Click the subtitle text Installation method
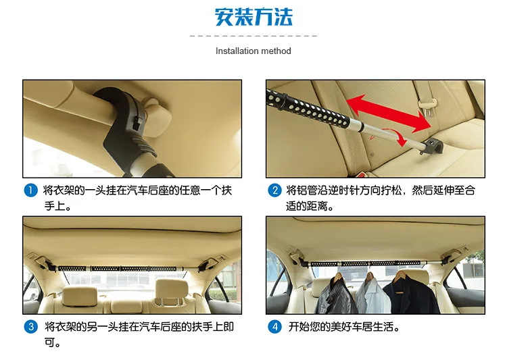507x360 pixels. coord(254,51)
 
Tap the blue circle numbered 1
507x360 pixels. coord(30,190)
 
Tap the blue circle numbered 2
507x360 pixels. coord(274,190)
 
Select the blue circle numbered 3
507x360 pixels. coord(30,327)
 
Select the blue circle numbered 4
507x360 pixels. coord(274,327)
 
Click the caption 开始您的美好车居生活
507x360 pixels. coord(343,327)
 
